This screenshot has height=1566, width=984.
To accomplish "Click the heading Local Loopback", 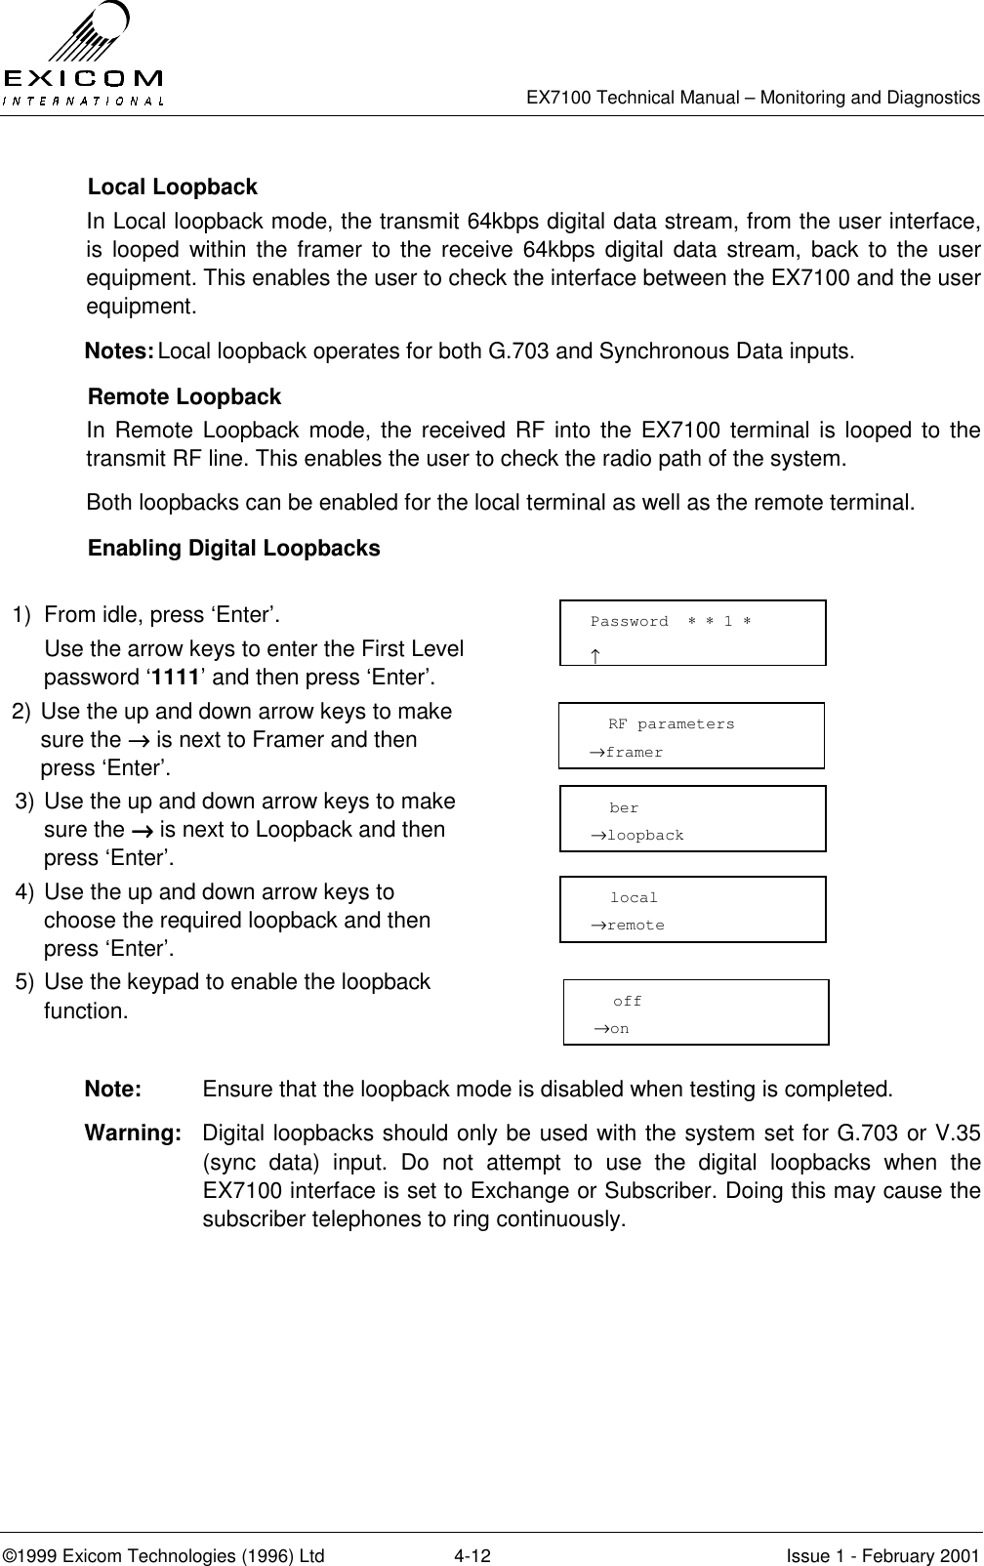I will click(173, 186).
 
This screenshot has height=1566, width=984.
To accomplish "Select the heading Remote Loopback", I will click(184, 397).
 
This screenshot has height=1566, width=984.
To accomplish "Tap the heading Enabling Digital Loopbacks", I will click(234, 549).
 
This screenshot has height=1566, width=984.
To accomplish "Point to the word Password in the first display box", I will click(630, 622).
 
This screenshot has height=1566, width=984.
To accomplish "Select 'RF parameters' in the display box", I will click(672, 724).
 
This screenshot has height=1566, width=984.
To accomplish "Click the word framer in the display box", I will click(634, 753).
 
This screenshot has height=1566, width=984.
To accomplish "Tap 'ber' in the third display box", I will click(624, 808).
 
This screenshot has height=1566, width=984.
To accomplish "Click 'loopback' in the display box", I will click(644, 836).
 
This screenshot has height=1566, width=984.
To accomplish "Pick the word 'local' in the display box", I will click(634, 898).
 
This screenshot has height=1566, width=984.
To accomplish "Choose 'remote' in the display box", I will click(635, 926).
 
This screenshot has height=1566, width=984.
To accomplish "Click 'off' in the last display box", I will click(628, 1002).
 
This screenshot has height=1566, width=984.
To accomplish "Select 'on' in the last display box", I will click(619, 1030).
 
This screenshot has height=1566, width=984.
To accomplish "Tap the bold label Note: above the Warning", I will click(113, 1090).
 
